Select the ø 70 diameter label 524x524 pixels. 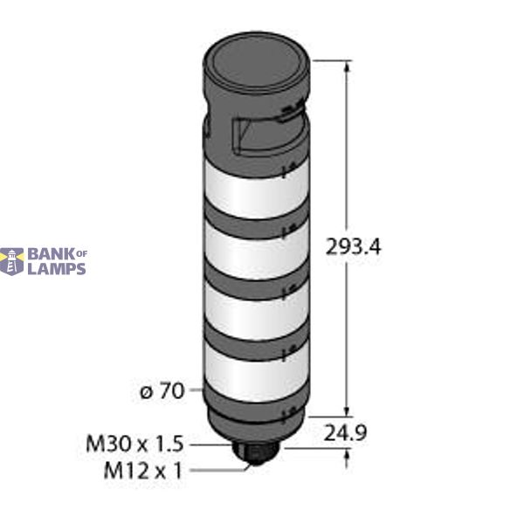[162, 391]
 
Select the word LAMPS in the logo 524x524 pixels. [58, 269]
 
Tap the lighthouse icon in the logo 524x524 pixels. [12, 262]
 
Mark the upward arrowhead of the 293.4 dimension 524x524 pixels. [348, 66]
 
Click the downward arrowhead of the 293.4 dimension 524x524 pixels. [348, 410]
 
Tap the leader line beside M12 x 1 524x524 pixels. [218, 472]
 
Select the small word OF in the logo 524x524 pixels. [82, 254]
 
